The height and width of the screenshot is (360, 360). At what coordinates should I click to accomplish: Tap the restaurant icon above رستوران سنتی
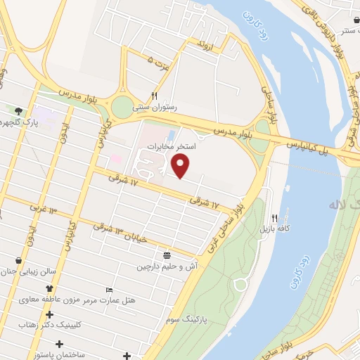click(154, 95)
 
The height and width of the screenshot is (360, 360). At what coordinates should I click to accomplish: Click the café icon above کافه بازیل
click(275, 218)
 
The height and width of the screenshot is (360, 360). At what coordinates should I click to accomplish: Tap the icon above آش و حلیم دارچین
click(167, 255)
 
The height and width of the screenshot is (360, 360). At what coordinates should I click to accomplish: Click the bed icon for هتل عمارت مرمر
click(108, 290)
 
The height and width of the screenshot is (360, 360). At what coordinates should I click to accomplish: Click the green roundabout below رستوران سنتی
click(122, 107)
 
